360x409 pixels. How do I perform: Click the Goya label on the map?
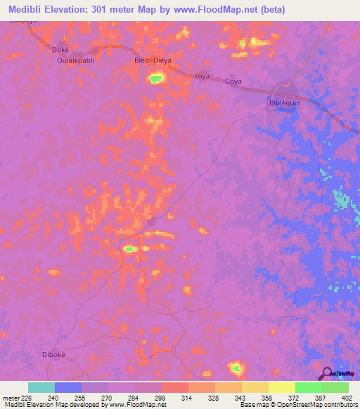coord(233,82)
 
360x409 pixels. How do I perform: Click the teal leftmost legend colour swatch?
coord(41,387)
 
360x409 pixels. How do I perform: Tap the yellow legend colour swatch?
coord(282,387)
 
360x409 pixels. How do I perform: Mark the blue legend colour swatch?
coord(68,387)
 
